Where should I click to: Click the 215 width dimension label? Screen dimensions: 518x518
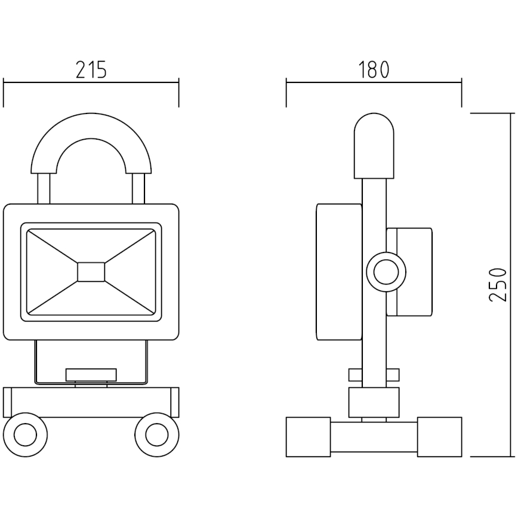91,70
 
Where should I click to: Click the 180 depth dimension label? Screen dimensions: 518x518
374,70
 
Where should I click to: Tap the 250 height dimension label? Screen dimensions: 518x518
498,284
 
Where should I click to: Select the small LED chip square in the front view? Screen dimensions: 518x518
91,272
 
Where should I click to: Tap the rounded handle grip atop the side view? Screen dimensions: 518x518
374,146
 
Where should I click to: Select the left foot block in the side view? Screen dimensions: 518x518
308,437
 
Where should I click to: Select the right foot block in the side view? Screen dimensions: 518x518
439,437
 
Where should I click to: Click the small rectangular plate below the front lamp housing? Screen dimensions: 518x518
91,375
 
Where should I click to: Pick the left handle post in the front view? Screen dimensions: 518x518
43,188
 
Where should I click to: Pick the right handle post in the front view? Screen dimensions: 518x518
138,188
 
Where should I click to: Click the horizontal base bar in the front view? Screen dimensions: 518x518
91,401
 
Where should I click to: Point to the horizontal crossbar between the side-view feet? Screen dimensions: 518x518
374,437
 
